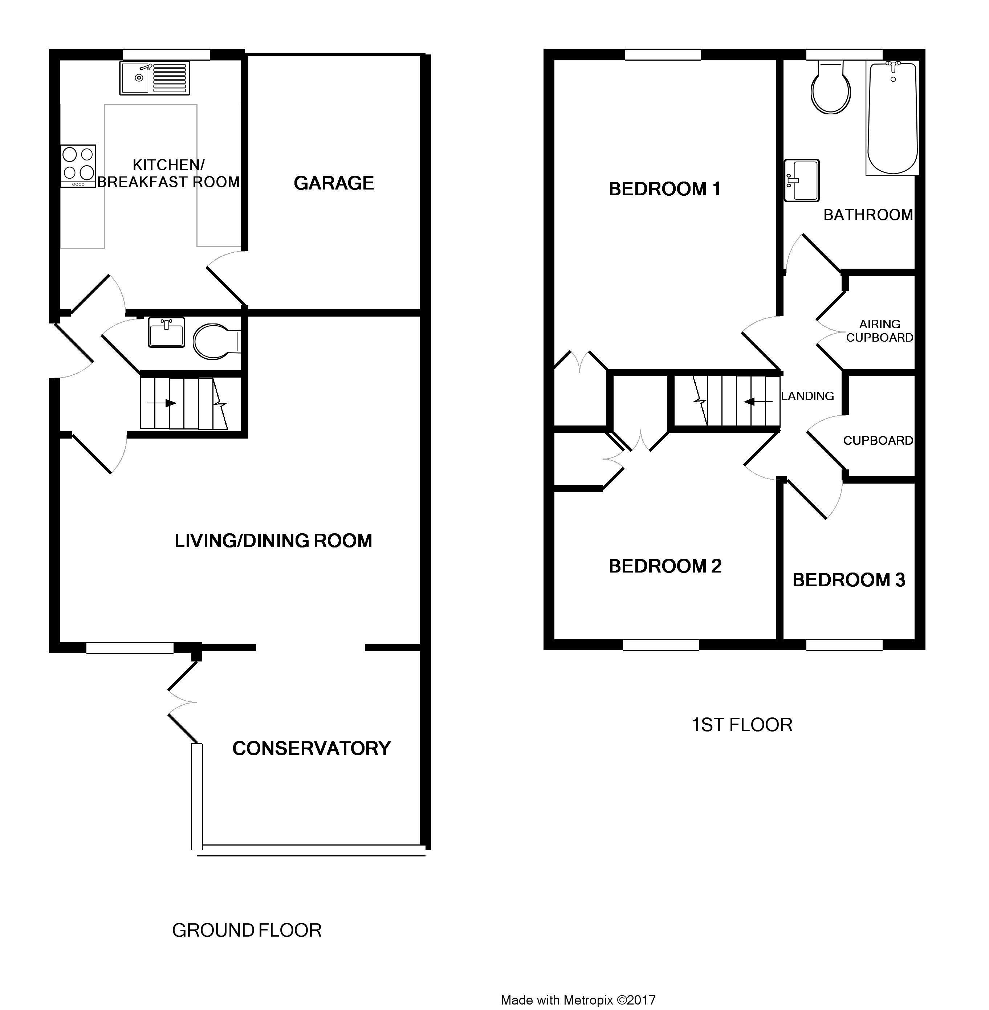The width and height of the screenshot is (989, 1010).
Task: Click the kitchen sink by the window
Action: [x=154, y=78]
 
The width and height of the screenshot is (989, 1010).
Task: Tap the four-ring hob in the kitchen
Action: [x=78, y=166]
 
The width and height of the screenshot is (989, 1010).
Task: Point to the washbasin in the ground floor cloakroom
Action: [x=166, y=332]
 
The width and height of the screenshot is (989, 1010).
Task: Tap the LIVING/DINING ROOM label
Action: [x=273, y=541]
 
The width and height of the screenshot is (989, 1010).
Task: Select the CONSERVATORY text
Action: [x=311, y=748]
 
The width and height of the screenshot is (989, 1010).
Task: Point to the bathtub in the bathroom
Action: [x=892, y=118]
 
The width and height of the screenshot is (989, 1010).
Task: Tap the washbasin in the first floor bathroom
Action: [x=802, y=180]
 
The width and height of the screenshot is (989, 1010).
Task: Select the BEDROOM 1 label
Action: [x=665, y=189]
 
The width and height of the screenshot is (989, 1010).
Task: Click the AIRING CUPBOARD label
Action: [x=879, y=331]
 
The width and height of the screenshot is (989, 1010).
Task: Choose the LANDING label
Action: [x=807, y=396]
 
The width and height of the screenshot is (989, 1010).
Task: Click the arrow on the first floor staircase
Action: [x=758, y=402]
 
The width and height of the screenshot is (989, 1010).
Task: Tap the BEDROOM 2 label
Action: [x=665, y=566]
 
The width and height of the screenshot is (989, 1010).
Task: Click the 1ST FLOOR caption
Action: [x=742, y=724]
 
